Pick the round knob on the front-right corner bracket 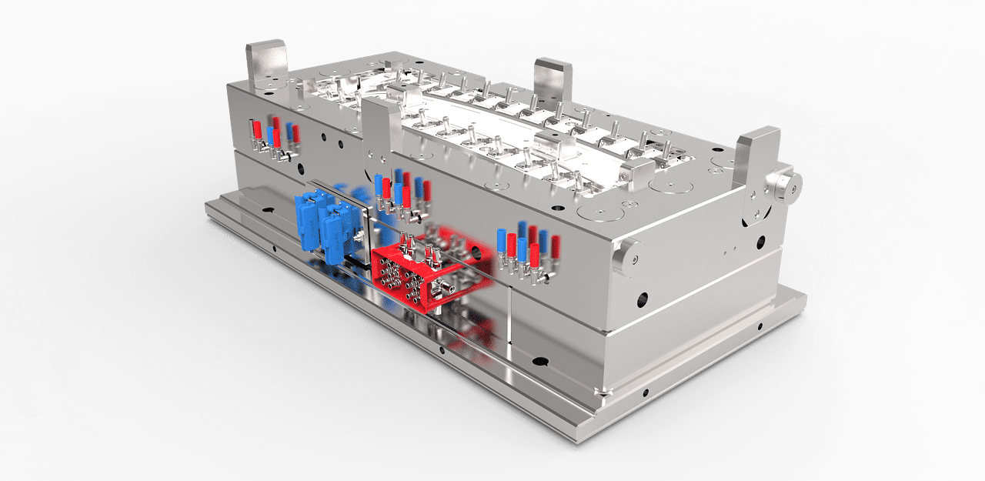785,184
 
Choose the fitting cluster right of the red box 528,250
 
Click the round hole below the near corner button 641,298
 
